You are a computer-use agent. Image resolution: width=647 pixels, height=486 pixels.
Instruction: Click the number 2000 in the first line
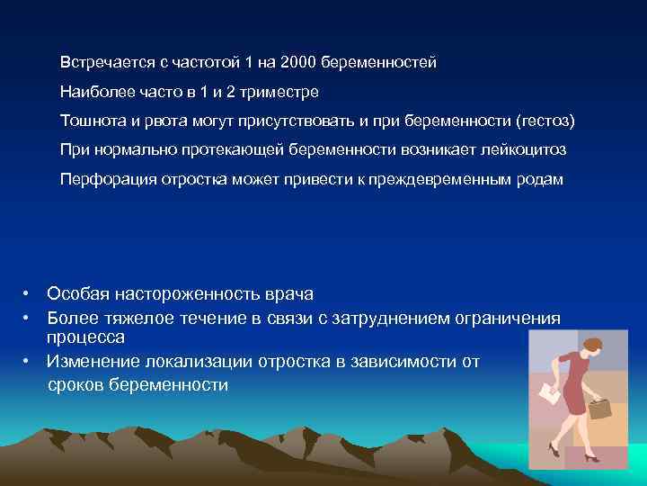coord(299,63)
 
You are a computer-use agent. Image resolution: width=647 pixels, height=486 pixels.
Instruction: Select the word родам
coord(540,179)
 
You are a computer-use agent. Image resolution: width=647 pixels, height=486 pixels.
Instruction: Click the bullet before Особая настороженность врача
coord(28,294)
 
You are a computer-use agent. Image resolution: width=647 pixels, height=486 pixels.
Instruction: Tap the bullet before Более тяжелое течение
coord(28,317)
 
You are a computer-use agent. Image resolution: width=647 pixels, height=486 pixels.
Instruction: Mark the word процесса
coord(86,337)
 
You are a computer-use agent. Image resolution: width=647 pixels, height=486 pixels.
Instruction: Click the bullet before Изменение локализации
coord(28,362)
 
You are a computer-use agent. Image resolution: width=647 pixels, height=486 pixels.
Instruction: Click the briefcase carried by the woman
coord(599,406)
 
